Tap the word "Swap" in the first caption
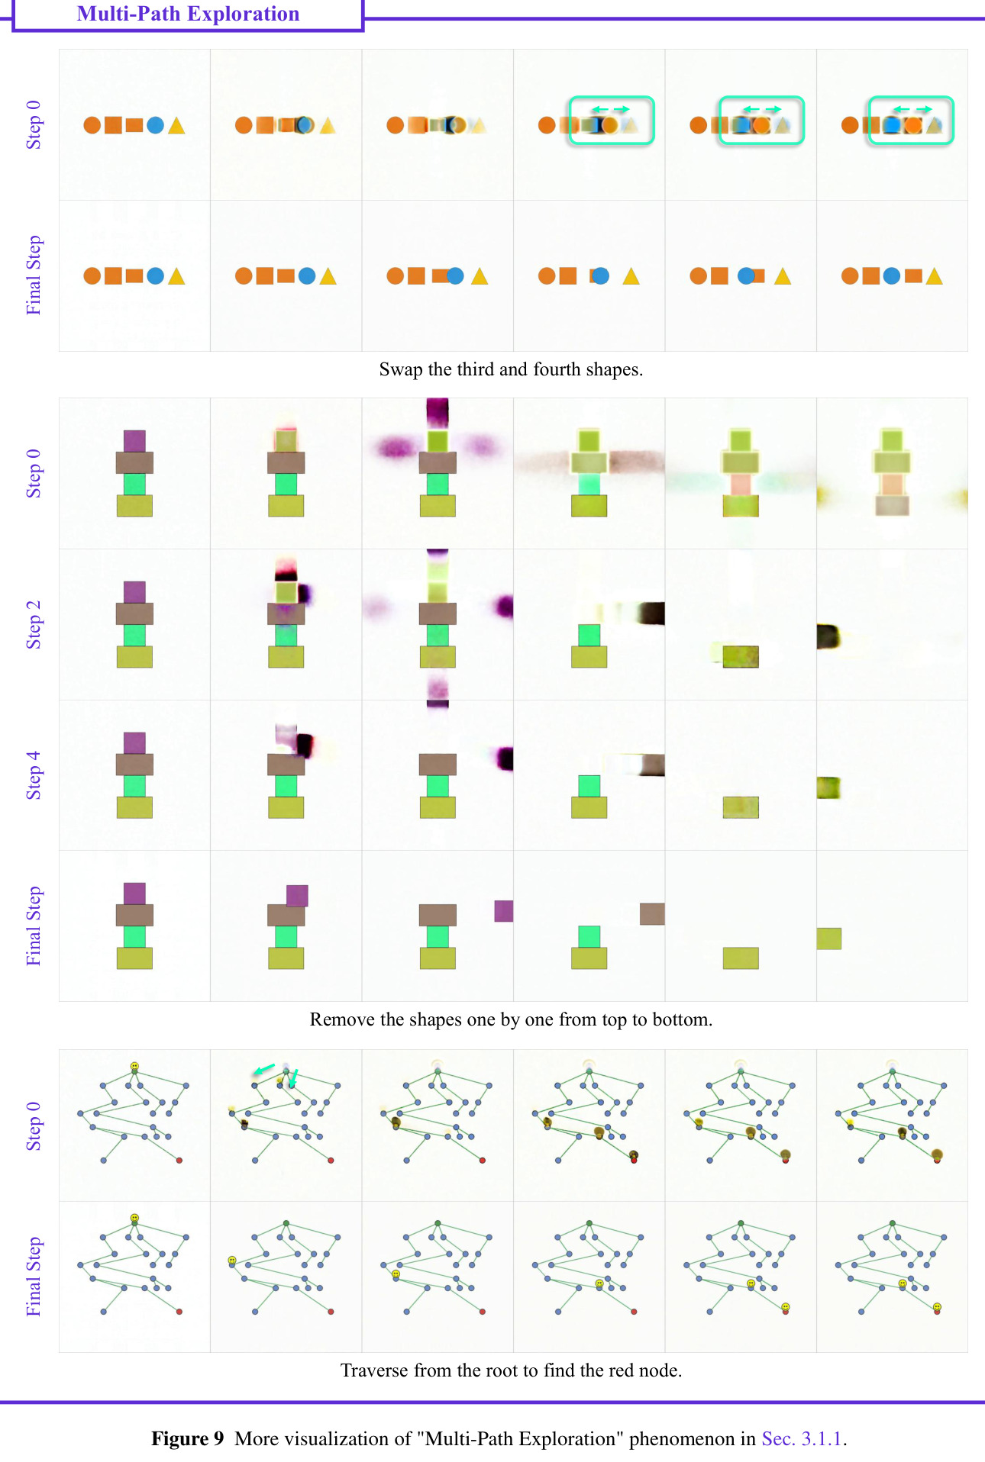point(401,370)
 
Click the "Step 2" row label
point(34,624)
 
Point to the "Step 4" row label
point(34,775)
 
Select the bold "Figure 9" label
point(188,1438)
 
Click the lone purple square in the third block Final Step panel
point(504,911)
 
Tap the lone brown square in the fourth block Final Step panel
point(652,914)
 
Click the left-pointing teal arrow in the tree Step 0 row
point(263,1070)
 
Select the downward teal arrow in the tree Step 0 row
point(293,1078)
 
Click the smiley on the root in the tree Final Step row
point(134,1218)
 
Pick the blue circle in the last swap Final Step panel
point(891,276)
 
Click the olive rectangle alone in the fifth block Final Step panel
point(741,958)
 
